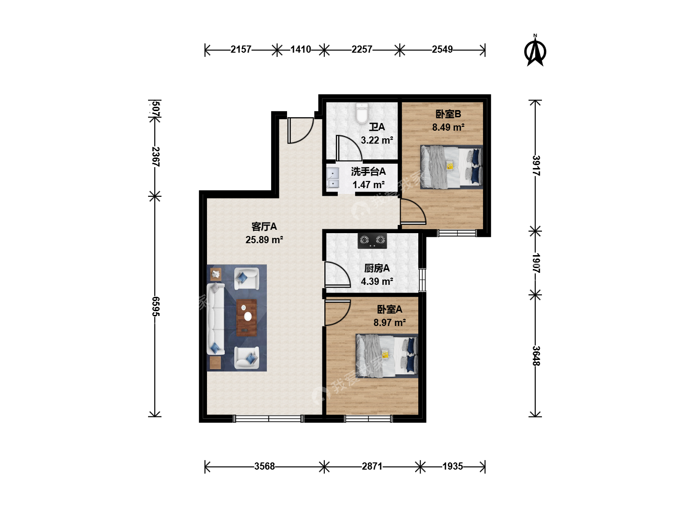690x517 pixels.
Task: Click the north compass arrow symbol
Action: coord(535,52)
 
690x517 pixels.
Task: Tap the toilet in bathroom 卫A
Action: coord(362,113)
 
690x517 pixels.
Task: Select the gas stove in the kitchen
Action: coord(372,241)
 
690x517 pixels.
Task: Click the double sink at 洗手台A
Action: coord(333,177)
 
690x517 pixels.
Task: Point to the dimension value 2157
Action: coord(241,49)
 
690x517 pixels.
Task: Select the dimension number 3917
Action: coord(536,166)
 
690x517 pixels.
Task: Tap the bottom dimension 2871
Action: coord(372,466)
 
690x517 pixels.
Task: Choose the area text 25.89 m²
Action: coord(264,239)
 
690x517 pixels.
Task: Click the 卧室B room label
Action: coord(448,114)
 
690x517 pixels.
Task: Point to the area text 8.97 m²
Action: coord(390,322)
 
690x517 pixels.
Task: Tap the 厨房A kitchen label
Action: coord(377,268)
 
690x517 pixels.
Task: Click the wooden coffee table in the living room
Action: coord(246,318)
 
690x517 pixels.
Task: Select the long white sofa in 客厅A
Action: coord(216,319)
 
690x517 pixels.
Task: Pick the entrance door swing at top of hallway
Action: coord(300,130)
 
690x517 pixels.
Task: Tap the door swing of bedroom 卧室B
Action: coord(413,212)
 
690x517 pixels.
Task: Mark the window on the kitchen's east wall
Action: coord(422,280)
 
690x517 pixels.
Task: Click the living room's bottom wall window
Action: coord(268,418)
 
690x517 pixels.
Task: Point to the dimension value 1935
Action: coord(452,466)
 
